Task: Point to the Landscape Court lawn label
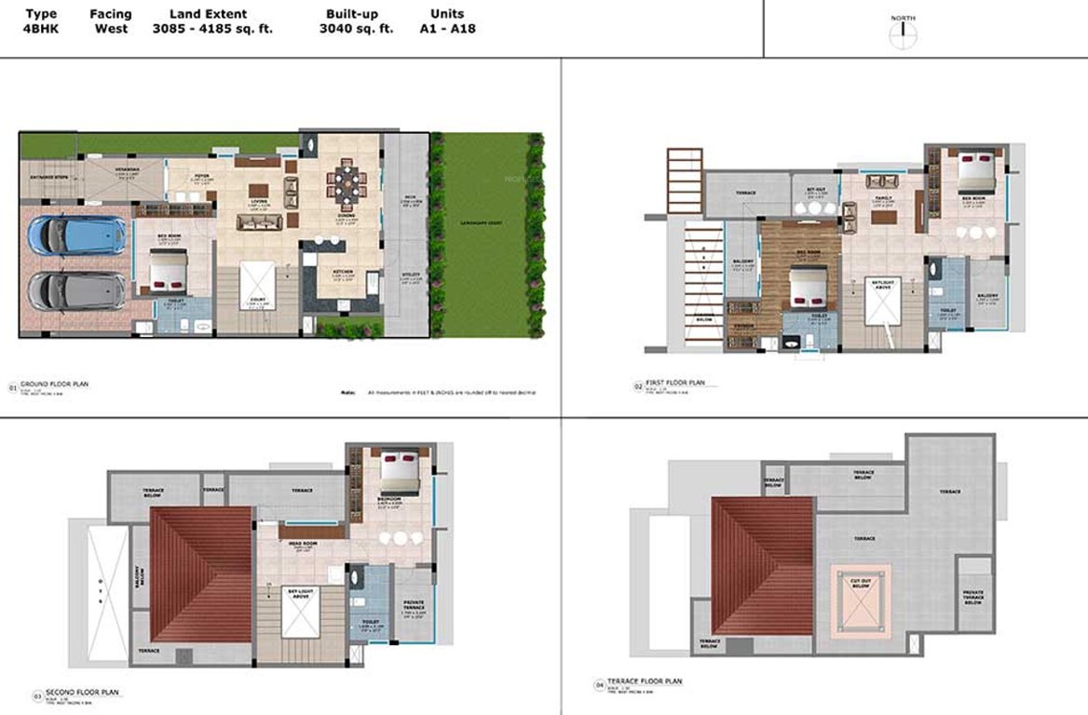click(483, 223)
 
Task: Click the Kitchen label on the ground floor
click(339, 272)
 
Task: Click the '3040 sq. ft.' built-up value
click(356, 29)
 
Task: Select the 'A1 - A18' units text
click(448, 29)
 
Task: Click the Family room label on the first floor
click(882, 198)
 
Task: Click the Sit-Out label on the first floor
click(815, 191)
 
